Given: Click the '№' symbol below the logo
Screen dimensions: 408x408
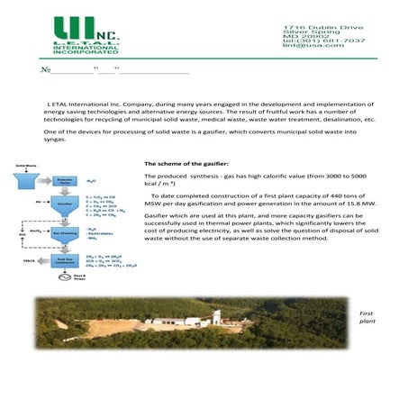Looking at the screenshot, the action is click(x=46, y=70).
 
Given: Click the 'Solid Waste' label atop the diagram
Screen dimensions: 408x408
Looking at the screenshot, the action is click(x=26, y=166).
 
